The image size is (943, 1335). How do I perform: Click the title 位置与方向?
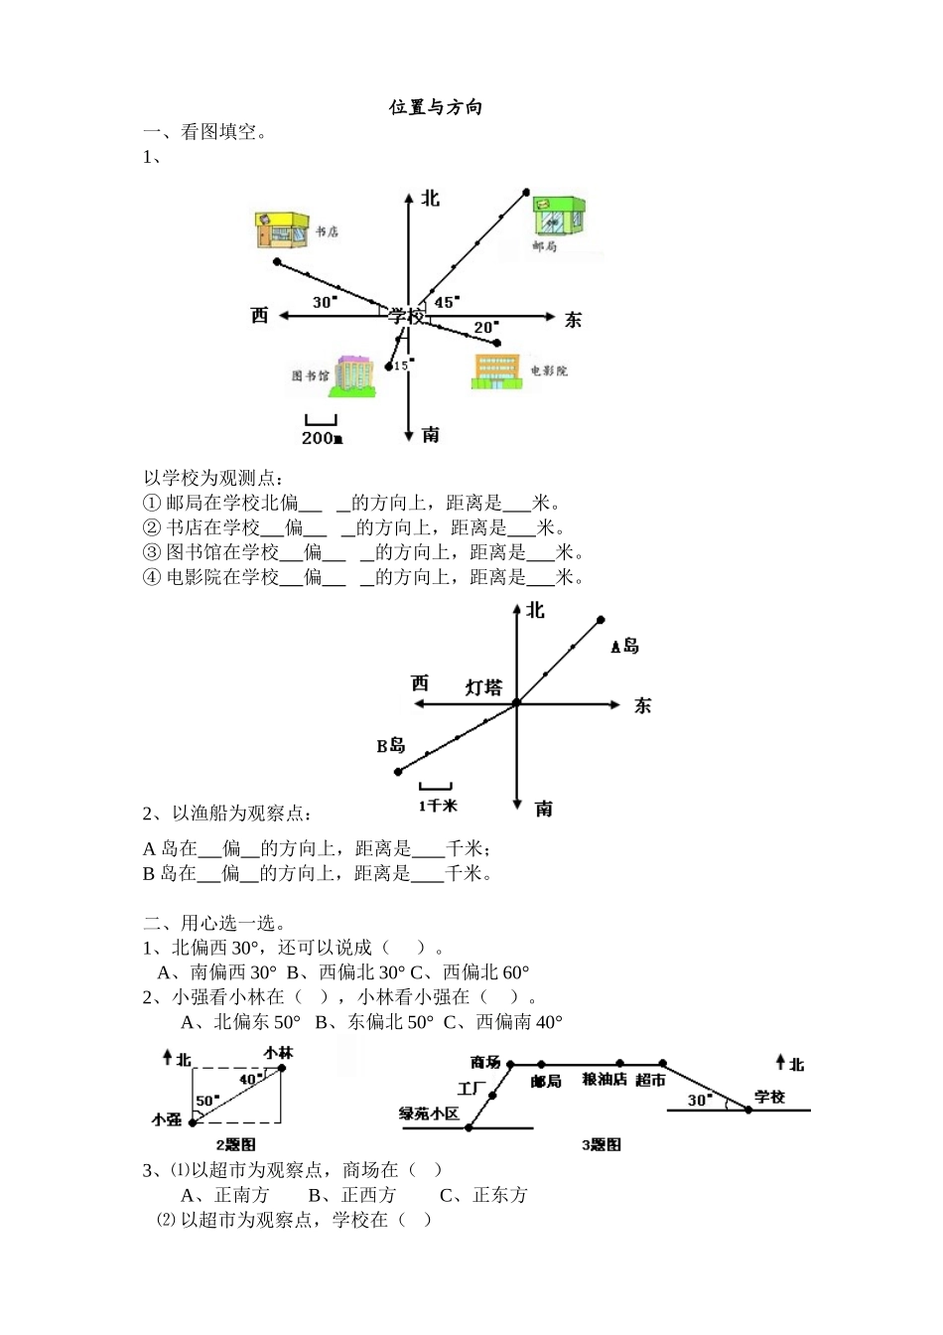pyautogui.click(x=436, y=107)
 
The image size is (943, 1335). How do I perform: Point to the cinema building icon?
pyautogui.click(x=497, y=370)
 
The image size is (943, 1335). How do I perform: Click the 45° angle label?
pyautogui.click(x=447, y=302)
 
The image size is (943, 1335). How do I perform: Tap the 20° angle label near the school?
pyautogui.click(x=485, y=327)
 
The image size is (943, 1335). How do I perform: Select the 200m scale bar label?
pyautogui.click(x=322, y=438)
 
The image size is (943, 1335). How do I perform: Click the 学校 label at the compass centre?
pyautogui.click(x=406, y=316)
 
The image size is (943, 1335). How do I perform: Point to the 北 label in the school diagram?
pyautogui.click(x=430, y=199)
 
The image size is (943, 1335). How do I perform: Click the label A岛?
pyautogui.click(x=624, y=647)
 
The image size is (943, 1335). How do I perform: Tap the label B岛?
pyautogui.click(x=391, y=746)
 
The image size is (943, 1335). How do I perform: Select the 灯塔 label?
pyautogui.click(x=484, y=687)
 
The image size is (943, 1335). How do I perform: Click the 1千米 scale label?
pyautogui.click(x=437, y=806)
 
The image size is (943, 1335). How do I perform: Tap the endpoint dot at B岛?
pyautogui.click(x=398, y=772)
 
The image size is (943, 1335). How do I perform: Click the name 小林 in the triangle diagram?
pyautogui.click(x=278, y=1052)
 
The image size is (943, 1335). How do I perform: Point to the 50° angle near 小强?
pyautogui.click(x=206, y=1101)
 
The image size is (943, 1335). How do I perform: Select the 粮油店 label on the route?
pyautogui.click(x=605, y=1080)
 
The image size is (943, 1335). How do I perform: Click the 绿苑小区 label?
pyautogui.click(x=429, y=1113)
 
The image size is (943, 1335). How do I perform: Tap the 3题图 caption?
pyautogui.click(x=602, y=1145)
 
